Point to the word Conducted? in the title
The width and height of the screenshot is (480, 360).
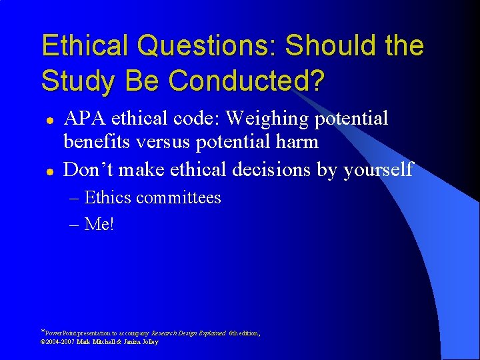point(247,81)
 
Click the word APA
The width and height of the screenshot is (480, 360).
point(85,119)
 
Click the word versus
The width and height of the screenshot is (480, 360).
point(167,142)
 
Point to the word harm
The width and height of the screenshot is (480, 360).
point(297,142)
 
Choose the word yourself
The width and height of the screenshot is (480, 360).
point(378,170)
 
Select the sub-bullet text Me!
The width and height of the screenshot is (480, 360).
point(100,225)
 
